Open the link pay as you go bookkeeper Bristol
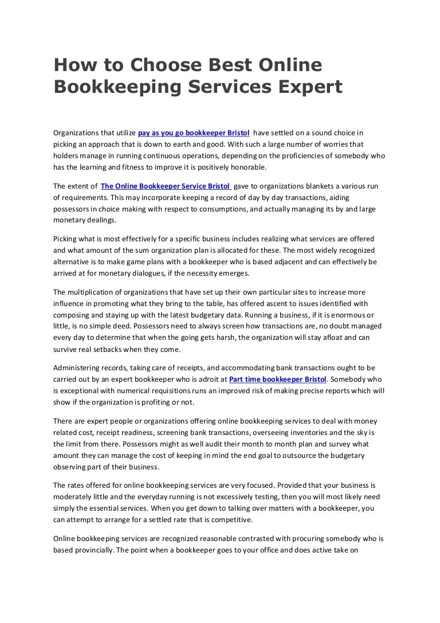click(194, 132)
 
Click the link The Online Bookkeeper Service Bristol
click(166, 186)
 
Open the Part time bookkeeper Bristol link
click(277, 379)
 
